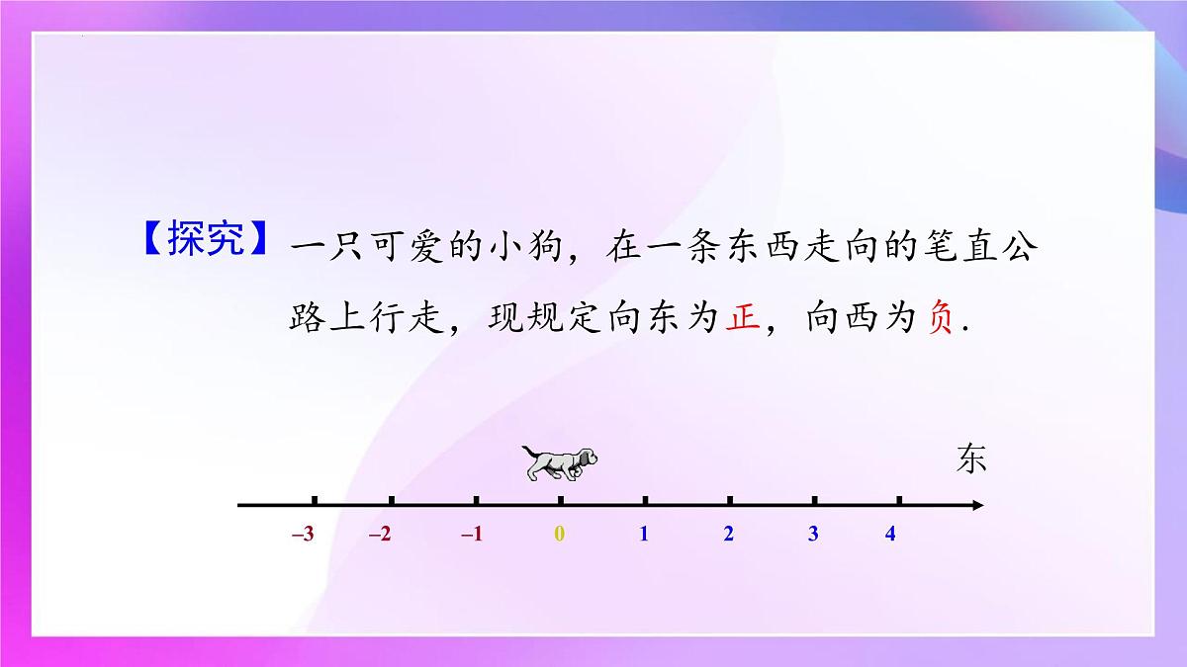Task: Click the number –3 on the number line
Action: coord(304,535)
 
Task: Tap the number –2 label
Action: coord(380,535)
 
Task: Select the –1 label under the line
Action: coord(472,535)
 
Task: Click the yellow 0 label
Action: coord(559,535)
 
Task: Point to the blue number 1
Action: coord(644,535)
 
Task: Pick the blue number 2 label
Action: coord(729,535)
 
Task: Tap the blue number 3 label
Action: coord(813,535)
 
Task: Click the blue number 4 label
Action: coord(890,535)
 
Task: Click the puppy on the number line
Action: coord(561,462)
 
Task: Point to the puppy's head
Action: coord(587,459)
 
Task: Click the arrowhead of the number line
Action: coord(977,506)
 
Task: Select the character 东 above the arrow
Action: coord(971,459)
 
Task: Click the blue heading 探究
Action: coord(205,243)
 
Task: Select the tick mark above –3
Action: coord(315,501)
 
